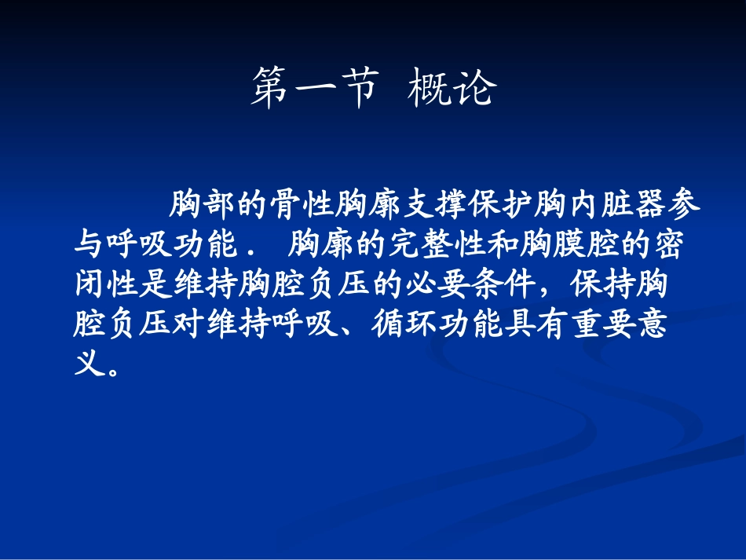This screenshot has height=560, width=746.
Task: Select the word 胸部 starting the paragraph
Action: tap(202, 207)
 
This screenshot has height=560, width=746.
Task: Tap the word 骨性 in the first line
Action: tap(303, 207)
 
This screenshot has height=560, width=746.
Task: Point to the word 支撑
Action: tap(437, 207)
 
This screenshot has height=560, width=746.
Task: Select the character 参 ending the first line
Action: tap(687, 207)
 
